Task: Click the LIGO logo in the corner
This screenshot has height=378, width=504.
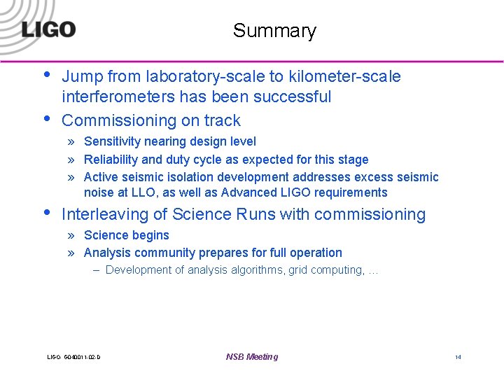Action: tap(48, 29)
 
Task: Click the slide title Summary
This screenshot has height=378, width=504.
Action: tap(274, 31)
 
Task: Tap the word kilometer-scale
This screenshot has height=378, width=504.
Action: tap(353, 76)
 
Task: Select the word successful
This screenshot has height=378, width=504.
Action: tap(292, 97)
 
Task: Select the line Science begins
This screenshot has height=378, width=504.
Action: tap(126, 235)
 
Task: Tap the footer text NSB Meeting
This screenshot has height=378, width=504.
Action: tap(252, 357)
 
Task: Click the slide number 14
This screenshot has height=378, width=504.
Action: tap(458, 357)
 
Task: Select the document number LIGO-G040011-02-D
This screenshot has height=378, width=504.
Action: tap(73, 358)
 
